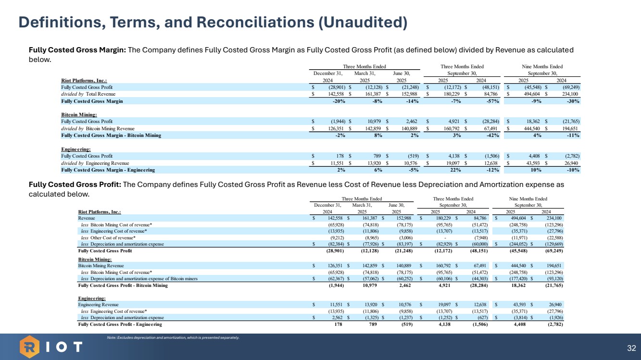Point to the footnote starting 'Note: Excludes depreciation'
173,338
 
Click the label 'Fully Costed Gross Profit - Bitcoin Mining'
123,285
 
